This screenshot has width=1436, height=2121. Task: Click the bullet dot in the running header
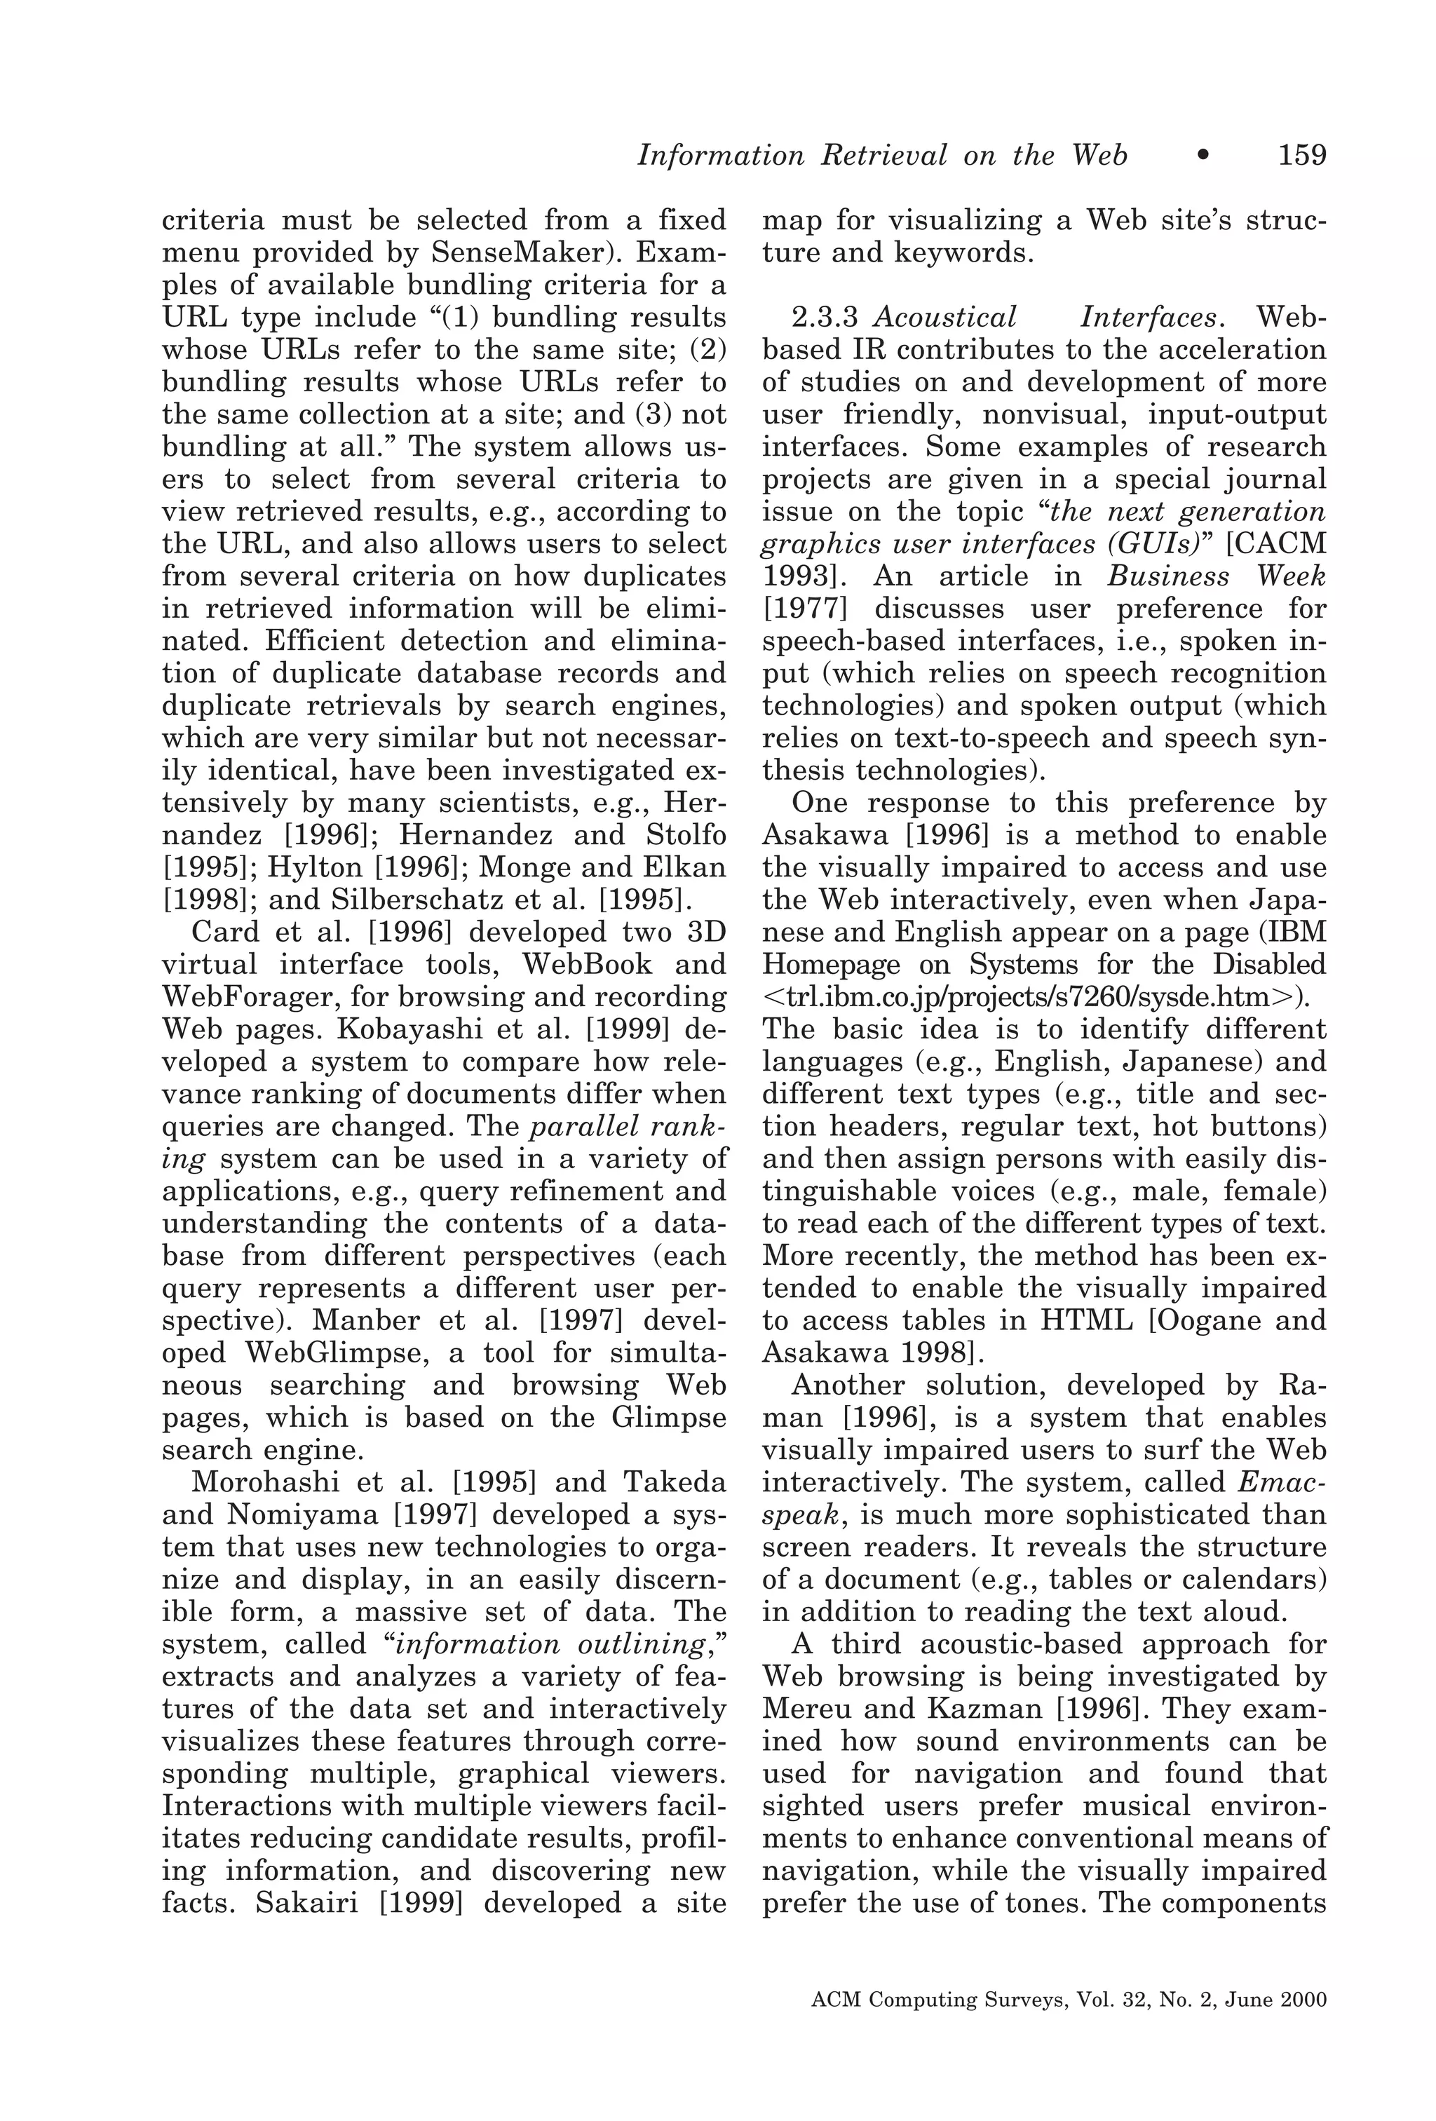(x=1203, y=156)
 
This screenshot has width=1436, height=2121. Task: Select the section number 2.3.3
(x=825, y=318)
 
